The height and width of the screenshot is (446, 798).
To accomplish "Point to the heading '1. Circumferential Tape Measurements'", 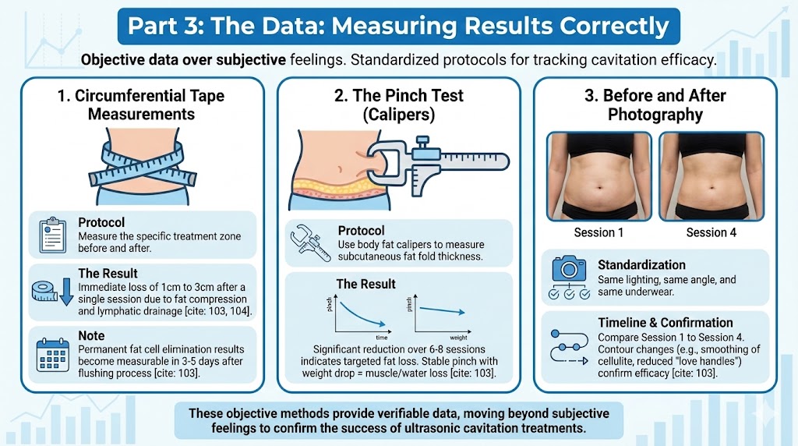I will click(140, 105).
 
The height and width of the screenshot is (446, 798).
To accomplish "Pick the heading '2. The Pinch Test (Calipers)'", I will click(398, 105).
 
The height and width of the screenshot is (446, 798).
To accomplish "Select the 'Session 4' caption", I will click(711, 232).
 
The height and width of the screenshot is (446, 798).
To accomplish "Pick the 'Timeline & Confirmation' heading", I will click(665, 322).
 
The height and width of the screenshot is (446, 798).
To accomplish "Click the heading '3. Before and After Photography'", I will click(655, 105).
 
